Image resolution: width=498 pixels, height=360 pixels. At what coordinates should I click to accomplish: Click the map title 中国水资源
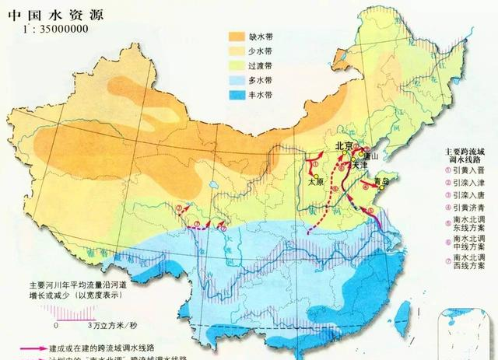[x=38, y=13]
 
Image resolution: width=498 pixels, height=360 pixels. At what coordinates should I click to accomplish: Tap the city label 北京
[x=345, y=145]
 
